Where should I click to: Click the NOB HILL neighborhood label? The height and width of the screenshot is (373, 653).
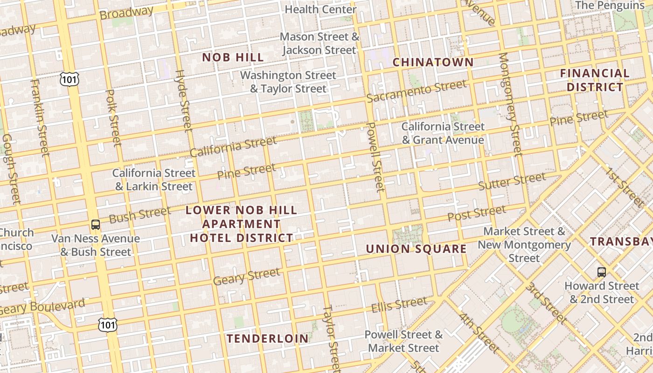pos(233,58)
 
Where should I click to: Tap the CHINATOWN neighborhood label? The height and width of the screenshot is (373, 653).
pos(433,62)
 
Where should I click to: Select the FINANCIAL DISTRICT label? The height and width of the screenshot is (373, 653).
pos(594,80)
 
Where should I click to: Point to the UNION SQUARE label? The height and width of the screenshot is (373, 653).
pos(416,249)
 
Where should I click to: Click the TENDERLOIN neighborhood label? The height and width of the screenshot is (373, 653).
pos(268,339)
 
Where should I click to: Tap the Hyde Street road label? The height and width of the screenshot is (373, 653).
pos(184,101)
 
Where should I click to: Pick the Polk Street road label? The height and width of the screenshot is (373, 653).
pos(114,118)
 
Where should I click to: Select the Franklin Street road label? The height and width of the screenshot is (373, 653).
pos(40,118)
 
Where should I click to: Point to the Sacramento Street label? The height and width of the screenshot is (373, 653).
pos(416,91)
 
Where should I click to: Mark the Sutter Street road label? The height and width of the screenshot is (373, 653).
pos(512,181)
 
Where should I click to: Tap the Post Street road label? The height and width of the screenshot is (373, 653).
pos(477,214)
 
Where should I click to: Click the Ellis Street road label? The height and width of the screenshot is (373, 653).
pos(399,304)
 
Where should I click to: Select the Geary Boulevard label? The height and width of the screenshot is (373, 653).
pos(43,307)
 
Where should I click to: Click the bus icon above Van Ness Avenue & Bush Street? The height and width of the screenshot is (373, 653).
pos(96,224)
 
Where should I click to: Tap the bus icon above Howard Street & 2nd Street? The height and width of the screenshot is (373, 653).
pos(602,272)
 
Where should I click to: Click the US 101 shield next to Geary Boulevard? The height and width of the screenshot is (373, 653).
pos(107,325)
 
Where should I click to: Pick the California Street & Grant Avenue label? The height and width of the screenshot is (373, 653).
pos(443,133)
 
